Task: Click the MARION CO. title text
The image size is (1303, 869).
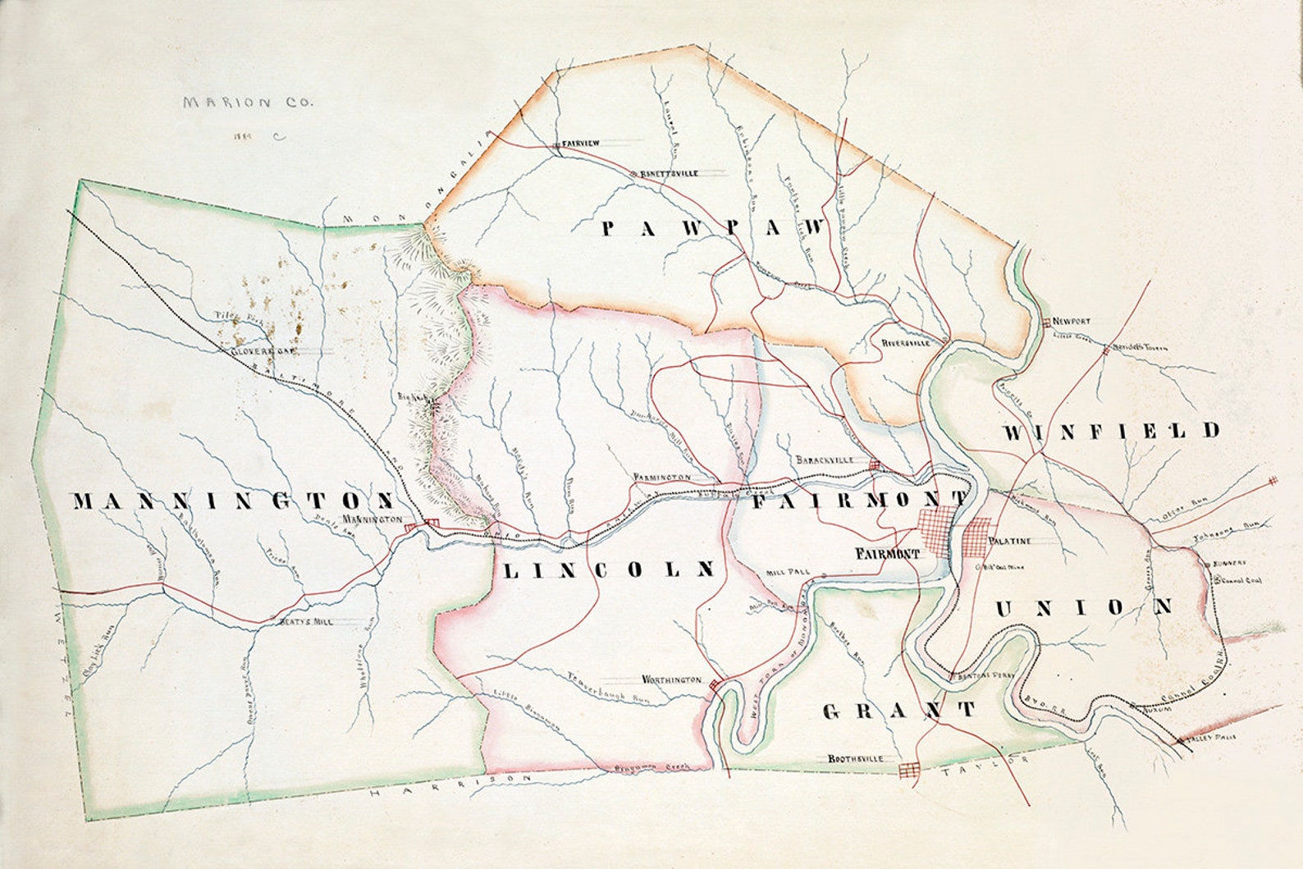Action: (x=248, y=103)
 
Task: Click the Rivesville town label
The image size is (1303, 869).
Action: (x=907, y=343)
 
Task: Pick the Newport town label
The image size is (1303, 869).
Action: (x=1072, y=322)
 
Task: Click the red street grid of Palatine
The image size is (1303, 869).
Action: (x=978, y=538)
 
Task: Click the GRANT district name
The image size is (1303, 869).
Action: (x=899, y=710)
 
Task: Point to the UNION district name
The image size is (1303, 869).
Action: (x=1084, y=607)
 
